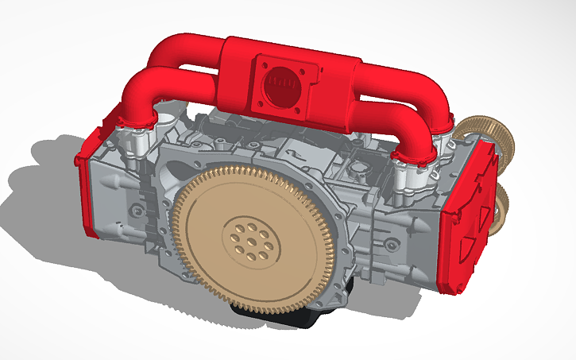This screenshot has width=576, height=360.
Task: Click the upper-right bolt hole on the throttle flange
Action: (308, 68)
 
